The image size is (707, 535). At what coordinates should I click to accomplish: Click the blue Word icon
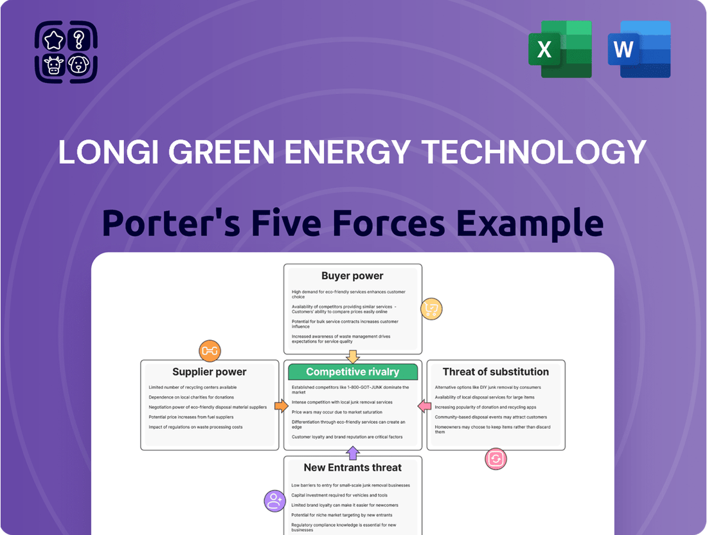coord(639,49)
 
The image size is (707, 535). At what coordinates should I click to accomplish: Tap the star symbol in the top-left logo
coord(54,40)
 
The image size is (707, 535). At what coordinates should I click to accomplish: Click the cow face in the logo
coord(54,64)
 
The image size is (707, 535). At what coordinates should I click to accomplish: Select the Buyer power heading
coord(352,276)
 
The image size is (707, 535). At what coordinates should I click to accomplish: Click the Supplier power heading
coord(210,372)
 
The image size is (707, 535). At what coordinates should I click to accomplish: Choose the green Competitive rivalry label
coord(352,372)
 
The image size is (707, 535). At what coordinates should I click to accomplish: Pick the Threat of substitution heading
coord(496,372)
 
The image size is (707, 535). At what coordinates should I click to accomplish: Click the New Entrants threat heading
coord(352,467)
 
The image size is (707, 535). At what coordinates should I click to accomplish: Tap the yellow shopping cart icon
coord(431,310)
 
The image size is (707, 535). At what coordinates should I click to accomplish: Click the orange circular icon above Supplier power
coord(210,350)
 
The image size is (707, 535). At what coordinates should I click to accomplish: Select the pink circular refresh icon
coord(496,459)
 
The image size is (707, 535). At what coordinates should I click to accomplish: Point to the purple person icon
coord(274,500)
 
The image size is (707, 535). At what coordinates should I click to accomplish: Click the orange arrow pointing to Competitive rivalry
coord(281,406)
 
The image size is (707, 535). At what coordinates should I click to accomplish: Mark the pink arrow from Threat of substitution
coord(424,406)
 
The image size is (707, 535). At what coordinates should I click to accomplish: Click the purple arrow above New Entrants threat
coord(352,453)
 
